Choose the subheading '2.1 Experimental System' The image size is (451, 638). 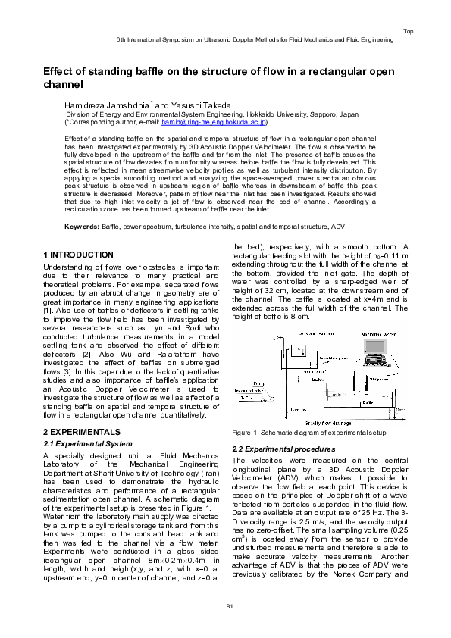(x=89, y=443)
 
